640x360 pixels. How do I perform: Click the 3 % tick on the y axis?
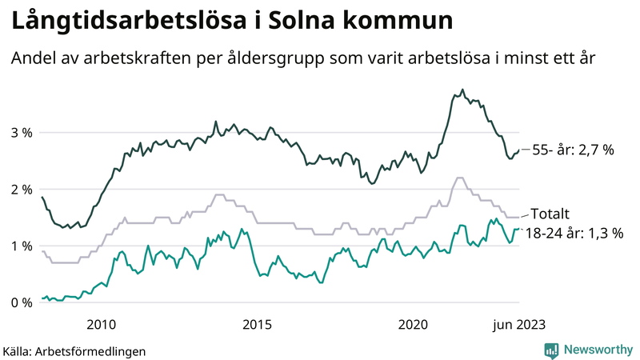(x=21, y=133)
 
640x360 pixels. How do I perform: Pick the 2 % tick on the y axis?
(x=21, y=190)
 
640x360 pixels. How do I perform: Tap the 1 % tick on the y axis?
(x=21, y=246)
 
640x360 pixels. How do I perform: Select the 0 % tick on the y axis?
(x=21, y=302)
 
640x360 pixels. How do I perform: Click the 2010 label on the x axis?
(x=101, y=324)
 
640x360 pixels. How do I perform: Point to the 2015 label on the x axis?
(x=258, y=324)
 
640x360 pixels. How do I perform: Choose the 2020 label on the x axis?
(x=414, y=324)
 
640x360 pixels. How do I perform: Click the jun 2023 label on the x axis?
(x=519, y=324)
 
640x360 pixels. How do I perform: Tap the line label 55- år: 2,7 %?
(x=573, y=150)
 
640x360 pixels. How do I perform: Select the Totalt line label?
(x=550, y=214)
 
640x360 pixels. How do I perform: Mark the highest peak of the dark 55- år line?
(x=462, y=90)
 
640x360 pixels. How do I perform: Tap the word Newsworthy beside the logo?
(x=597, y=350)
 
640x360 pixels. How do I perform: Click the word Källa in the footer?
(x=18, y=350)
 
